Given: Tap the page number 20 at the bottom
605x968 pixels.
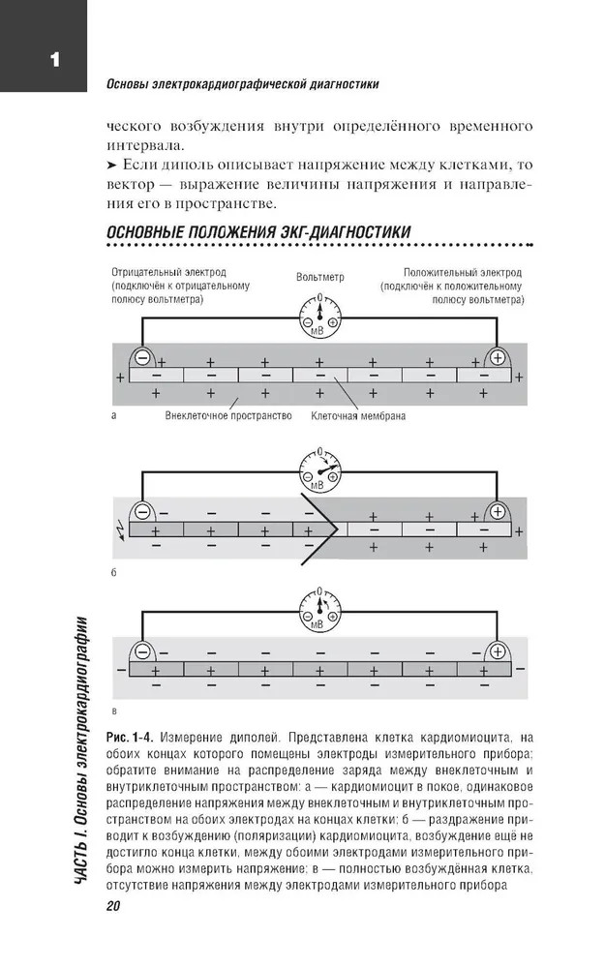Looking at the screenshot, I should click(x=107, y=905).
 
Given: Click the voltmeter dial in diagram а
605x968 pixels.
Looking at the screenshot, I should click(x=319, y=317).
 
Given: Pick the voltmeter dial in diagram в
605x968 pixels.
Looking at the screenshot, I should click(x=319, y=613).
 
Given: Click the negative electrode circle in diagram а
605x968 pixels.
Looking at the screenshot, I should click(x=143, y=357).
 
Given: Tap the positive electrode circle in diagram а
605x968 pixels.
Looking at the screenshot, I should click(x=498, y=357).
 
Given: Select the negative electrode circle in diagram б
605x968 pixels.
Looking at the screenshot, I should click(x=143, y=511).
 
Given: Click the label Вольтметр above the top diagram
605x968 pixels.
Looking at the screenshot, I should click(x=320, y=277).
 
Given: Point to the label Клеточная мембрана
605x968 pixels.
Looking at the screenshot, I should click(x=358, y=417).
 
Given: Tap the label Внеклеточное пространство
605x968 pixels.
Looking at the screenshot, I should click(x=227, y=417).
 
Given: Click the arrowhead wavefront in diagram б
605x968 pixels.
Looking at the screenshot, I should click(x=324, y=529).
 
